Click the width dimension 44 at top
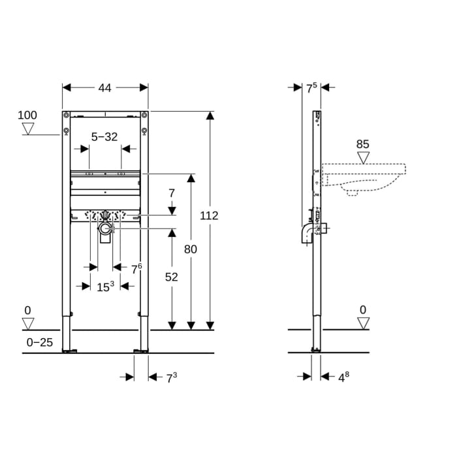coord(104,87)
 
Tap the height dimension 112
coord(210,215)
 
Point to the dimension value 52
coord(171,277)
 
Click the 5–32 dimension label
coord(104,136)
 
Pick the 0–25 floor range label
coord(39,342)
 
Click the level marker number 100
coord(27,116)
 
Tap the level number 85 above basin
coord(364,144)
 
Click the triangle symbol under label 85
coord(364,157)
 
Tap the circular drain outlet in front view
coord(104,229)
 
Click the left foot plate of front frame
coord(69,351)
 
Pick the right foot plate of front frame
coord(141,351)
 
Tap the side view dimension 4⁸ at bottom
coord(343,377)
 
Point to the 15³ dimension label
coord(105,286)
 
